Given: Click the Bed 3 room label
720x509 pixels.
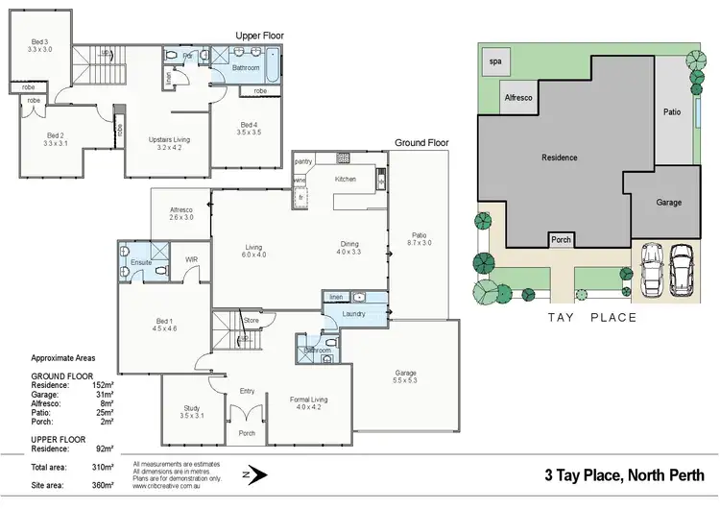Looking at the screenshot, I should click(38, 40).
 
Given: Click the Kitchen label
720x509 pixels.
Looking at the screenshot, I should click(346, 180).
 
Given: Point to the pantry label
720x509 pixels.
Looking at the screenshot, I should click(303, 161).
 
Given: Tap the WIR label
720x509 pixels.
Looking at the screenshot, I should click(191, 258).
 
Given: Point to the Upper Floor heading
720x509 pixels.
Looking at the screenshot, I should click(259, 36).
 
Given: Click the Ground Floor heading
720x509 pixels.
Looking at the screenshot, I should click(421, 142).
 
